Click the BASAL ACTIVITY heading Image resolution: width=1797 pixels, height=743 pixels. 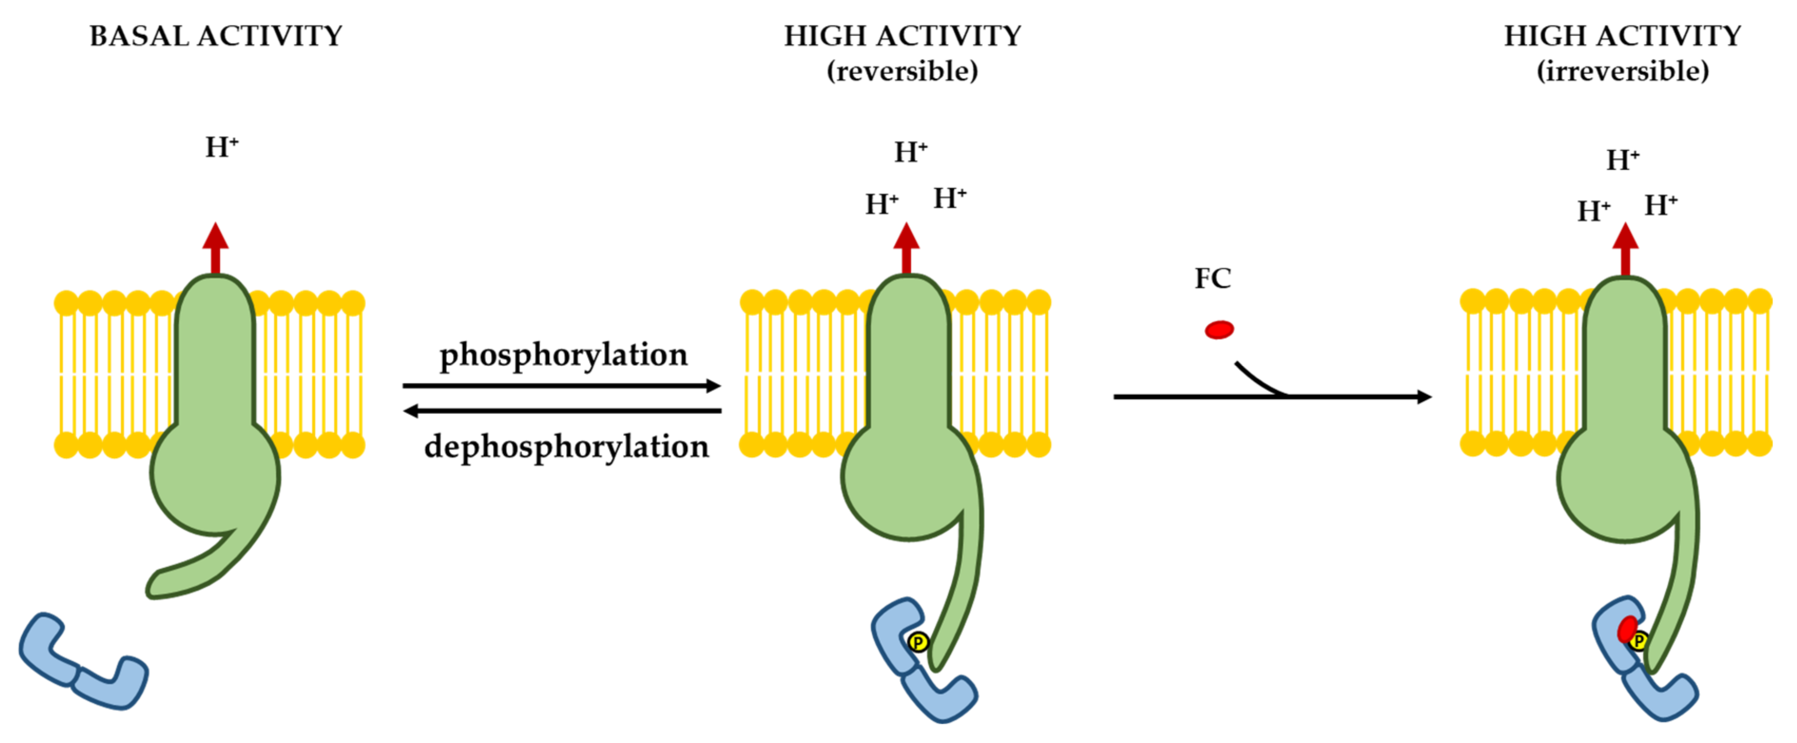click(x=216, y=36)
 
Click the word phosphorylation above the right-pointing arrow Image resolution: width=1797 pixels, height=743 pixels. click(x=563, y=355)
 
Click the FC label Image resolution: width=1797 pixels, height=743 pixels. click(x=1212, y=278)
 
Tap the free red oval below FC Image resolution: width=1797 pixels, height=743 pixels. click(x=1219, y=329)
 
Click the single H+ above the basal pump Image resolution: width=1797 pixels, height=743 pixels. click(x=221, y=147)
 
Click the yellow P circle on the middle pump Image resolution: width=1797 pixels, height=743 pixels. click(x=918, y=641)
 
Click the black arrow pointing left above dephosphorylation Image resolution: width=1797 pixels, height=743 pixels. click(x=562, y=411)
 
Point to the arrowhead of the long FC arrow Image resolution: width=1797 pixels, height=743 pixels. click(x=1423, y=396)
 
